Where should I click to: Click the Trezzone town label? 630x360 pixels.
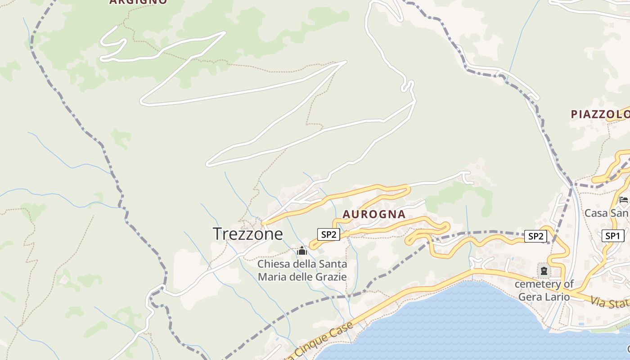[x=247, y=234]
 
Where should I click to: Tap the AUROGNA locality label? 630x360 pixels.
[x=374, y=215]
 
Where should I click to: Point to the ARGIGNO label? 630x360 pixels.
[x=138, y=2]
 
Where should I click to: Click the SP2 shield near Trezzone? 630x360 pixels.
[x=328, y=234]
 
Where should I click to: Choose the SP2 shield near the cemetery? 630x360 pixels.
[x=535, y=236]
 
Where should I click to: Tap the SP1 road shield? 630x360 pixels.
[x=612, y=236]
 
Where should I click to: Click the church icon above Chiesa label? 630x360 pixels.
[x=302, y=250]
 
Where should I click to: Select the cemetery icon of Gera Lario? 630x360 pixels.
[x=544, y=271]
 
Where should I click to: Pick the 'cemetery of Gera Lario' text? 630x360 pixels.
[x=544, y=290]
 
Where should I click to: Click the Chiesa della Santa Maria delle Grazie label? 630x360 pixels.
[x=302, y=270]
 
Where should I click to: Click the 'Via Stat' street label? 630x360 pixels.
[x=610, y=302]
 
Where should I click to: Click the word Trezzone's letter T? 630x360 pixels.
[x=217, y=234]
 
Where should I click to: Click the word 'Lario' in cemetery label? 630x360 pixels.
[x=558, y=297]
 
